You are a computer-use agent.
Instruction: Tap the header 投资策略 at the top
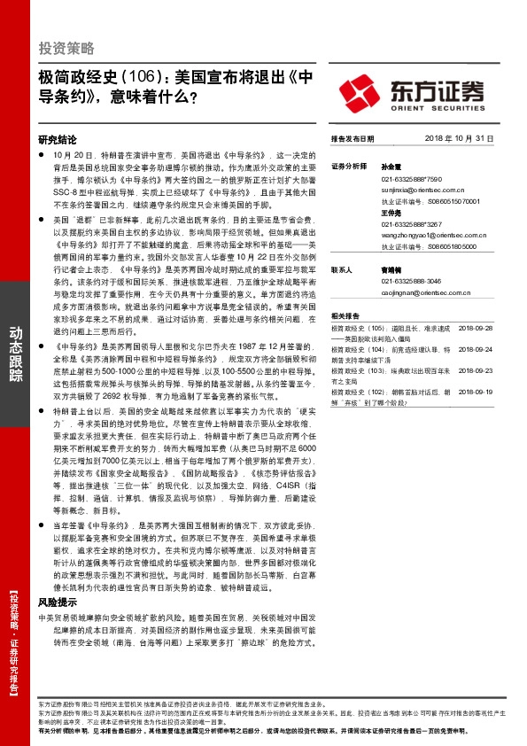coord(66,47)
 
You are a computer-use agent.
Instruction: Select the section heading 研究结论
coord(58,140)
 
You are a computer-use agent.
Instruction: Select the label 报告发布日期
coord(353,139)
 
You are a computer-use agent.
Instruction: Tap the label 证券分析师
coord(349,166)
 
